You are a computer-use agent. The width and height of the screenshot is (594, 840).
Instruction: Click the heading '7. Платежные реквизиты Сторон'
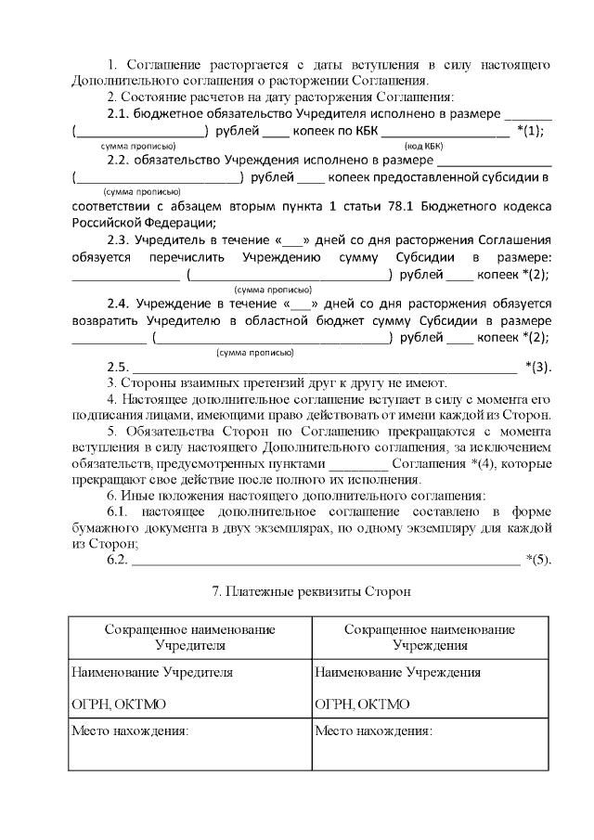(311, 590)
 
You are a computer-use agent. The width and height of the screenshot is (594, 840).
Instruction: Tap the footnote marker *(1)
(530, 131)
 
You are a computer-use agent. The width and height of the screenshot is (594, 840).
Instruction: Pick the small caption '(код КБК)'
(424, 147)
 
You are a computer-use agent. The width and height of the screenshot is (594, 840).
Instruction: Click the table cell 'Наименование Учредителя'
(152, 672)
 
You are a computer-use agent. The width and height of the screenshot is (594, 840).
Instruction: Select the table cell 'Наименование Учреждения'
(398, 672)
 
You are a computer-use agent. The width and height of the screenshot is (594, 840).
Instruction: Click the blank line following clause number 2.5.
(325, 368)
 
